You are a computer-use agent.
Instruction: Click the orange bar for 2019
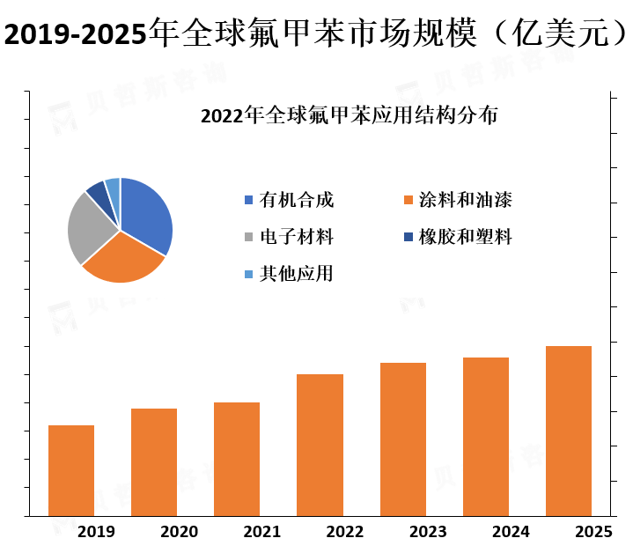pos(71,470)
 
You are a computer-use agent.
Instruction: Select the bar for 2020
pos(154,462)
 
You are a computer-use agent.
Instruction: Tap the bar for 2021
pos(237,459)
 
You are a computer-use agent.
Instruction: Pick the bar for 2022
pos(320,445)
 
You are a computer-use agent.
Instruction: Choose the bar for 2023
pos(403,439)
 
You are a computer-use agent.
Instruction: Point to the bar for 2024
pos(486,437)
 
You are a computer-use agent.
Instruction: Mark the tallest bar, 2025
pos(569,431)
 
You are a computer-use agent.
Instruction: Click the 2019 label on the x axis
pos(96,532)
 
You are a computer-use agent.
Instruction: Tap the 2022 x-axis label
pos(344,532)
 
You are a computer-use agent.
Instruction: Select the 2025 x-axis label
pos(593,532)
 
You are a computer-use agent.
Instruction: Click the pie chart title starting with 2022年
pos(349,115)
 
